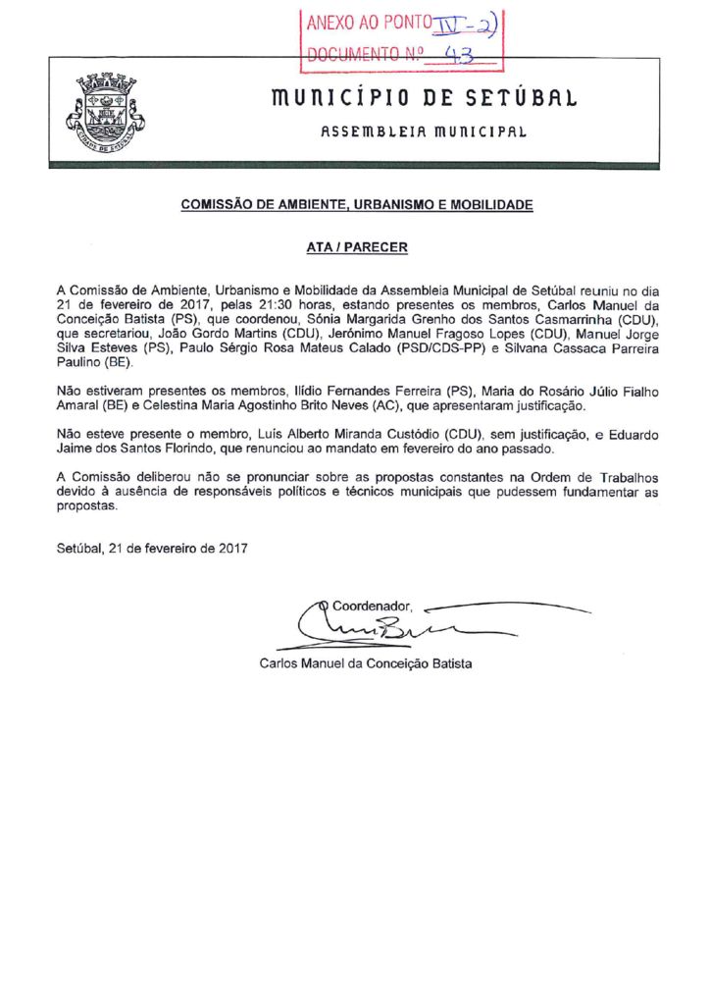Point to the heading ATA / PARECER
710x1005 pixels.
[x=355, y=248]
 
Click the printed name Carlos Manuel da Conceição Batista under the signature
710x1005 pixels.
[x=366, y=663]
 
